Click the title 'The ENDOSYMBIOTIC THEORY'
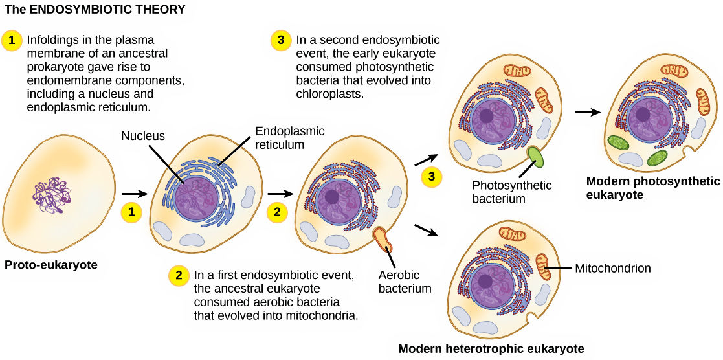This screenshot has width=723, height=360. [x=95, y=10]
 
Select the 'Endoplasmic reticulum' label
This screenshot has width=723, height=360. [x=289, y=138]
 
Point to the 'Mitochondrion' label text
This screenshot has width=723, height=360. [x=612, y=267]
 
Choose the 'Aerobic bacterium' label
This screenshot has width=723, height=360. [x=405, y=282]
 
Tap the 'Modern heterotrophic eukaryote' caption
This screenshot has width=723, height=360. [x=491, y=348]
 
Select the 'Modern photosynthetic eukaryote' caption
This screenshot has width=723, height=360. [x=652, y=188]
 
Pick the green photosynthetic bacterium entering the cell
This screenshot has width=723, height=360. [x=537, y=158]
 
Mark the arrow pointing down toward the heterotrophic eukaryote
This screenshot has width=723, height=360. [x=425, y=230]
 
